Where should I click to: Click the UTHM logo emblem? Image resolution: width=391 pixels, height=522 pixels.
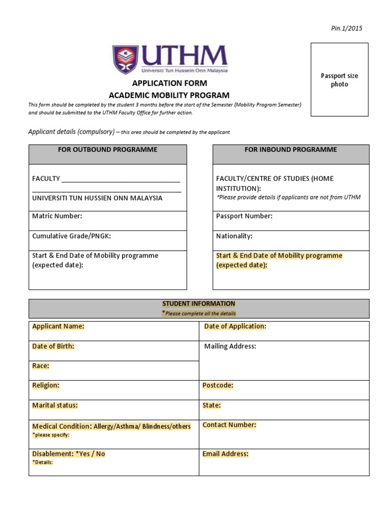124,59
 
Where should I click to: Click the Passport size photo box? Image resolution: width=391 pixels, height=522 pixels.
339,80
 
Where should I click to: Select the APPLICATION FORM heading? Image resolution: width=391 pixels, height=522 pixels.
170,83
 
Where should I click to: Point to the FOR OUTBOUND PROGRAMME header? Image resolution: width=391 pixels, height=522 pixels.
107,149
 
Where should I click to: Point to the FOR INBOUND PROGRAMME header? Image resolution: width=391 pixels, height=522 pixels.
291,149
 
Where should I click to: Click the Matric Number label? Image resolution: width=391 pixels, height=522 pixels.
57,216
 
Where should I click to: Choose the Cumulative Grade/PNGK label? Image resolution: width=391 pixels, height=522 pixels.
71,236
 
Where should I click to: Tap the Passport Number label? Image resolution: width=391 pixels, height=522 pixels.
244,216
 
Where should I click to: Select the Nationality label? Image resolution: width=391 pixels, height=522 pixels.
234,236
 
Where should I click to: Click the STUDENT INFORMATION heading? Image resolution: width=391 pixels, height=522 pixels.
199,304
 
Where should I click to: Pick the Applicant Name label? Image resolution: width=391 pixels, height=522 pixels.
58,326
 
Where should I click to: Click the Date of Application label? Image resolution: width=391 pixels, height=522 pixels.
235,326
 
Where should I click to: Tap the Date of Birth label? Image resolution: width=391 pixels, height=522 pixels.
53,346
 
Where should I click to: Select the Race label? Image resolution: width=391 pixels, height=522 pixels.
41,366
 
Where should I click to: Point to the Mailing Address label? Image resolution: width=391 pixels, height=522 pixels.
230,347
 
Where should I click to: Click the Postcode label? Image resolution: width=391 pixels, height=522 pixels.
218,385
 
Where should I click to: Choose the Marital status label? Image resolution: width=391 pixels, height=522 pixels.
55,405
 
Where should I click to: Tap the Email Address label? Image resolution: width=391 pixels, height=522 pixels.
225,454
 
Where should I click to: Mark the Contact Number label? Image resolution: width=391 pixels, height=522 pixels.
229,425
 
